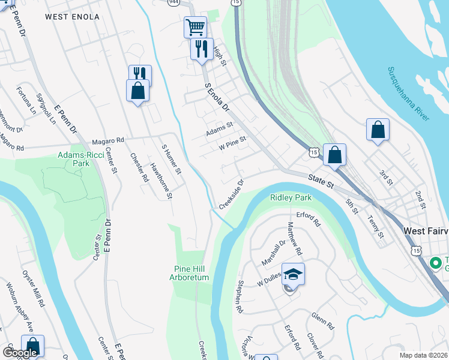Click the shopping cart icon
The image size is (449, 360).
pos(195,26)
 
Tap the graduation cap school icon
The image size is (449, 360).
pos(293,274)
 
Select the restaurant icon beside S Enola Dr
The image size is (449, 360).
pos(202,48)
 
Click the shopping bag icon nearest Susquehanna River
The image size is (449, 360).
pos(378,130)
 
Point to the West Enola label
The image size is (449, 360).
pos(72,17)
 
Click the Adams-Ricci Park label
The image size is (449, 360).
pos(77,158)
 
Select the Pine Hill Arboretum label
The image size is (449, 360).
pos(191,273)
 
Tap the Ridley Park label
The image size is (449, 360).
pos(291,197)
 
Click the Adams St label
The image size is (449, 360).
pos(219,127)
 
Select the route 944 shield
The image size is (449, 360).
pos(174,2)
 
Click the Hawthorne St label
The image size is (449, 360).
pos(161,181)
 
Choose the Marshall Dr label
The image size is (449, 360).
pos(274,255)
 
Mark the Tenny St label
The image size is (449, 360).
pos(375,227)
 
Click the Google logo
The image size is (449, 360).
pos(20,353)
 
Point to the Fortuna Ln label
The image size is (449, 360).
pos(27,98)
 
